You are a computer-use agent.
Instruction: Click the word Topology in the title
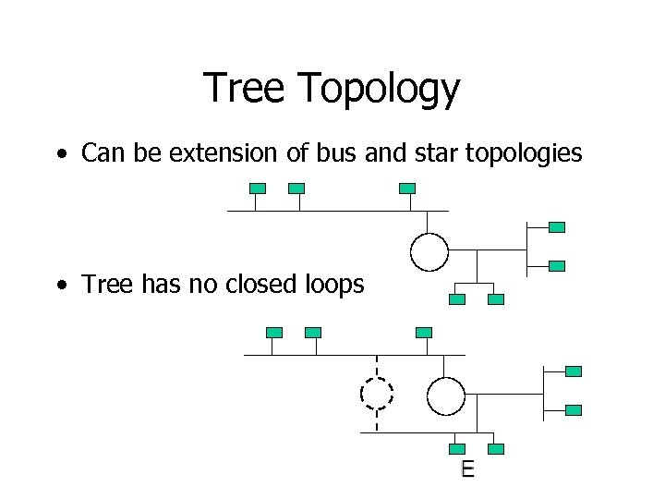pyautogui.click(x=379, y=91)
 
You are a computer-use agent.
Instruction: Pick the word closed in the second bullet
pyautogui.click(x=263, y=284)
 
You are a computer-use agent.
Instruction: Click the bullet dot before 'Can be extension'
pyautogui.click(x=60, y=154)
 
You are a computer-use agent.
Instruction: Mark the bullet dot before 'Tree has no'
pyautogui.click(x=60, y=286)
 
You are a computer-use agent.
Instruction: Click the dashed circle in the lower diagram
pyautogui.click(x=377, y=394)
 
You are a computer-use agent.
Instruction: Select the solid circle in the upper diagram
pyautogui.click(x=429, y=251)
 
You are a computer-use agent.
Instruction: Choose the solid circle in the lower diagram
pyautogui.click(x=445, y=396)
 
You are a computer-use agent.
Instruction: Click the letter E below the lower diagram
pyautogui.click(x=467, y=469)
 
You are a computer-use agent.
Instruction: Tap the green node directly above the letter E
pyautogui.click(x=457, y=449)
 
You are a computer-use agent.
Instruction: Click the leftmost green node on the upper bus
pyautogui.click(x=258, y=188)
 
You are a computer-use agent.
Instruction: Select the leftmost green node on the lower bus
pyautogui.click(x=274, y=332)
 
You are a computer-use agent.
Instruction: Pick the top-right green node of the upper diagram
pyautogui.click(x=557, y=226)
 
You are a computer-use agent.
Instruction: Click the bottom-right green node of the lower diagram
pyautogui.click(x=574, y=409)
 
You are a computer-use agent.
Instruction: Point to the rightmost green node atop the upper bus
pyautogui.click(x=407, y=188)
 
